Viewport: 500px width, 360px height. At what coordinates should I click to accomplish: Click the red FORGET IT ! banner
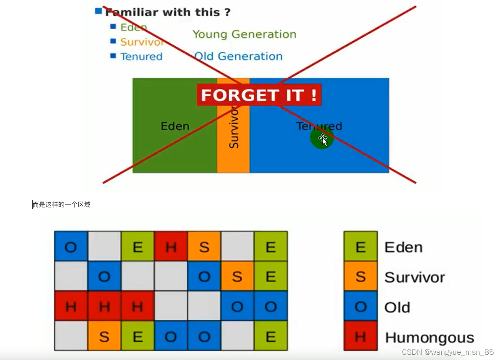pyautogui.click(x=259, y=95)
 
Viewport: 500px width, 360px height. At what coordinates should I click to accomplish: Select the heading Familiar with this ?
pyautogui.click(x=168, y=12)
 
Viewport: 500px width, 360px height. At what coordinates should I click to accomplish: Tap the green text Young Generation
pyautogui.click(x=244, y=34)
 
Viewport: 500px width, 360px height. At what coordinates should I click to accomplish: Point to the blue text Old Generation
pyautogui.click(x=238, y=56)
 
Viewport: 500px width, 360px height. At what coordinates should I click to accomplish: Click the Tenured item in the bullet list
pyautogui.click(x=141, y=57)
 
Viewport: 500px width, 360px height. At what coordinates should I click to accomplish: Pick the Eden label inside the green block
pyautogui.click(x=175, y=126)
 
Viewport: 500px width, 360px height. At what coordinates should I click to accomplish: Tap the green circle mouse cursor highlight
pyautogui.click(x=322, y=138)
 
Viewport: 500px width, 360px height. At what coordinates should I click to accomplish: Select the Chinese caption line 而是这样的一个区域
pyautogui.click(x=62, y=204)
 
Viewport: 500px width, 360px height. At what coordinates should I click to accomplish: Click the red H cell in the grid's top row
pyautogui.click(x=171, y=246)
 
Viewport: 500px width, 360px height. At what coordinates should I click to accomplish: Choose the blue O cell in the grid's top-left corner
pyautogui.click(x=71, y=246)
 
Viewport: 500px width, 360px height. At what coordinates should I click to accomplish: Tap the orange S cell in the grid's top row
pyautogui.click(x=204, y=246)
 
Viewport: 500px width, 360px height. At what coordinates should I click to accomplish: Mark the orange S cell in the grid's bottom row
pyautogui.click(x=104, y=336)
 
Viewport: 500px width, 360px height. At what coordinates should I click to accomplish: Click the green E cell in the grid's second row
pyautogui.click(x=271, y=276)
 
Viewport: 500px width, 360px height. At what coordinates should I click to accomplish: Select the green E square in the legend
pyautogui.click(x=361, y=246)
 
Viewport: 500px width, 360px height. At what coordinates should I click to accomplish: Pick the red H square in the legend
pyautogui.click(x=361, y=336)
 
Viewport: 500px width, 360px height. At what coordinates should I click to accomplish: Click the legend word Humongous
pyautogui.click(x=429, y=337)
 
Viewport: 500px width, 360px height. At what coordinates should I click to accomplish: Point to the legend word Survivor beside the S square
pyautogui.click(x=414, y=277)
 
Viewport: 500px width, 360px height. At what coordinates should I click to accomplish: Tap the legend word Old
pyautogui.click(x=397, y=307)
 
